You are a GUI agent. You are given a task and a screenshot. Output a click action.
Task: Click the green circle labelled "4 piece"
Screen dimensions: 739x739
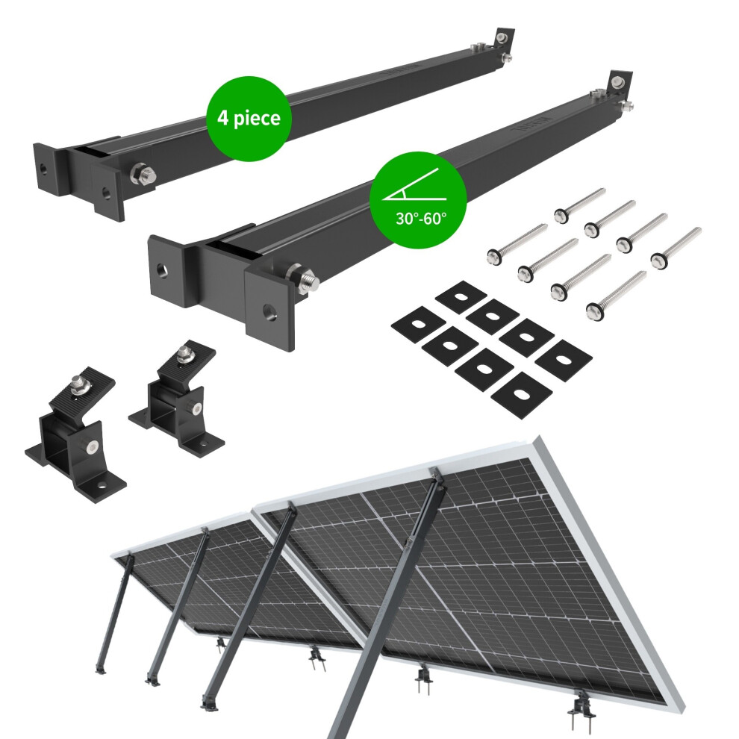pyautogui.click(x=249, y=118)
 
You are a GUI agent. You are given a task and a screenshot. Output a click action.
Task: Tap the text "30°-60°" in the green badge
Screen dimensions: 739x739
pyautogui.click(x=421, y=219)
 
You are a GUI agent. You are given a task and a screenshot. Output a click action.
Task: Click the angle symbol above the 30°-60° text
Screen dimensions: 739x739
pyautogui.click(x=410, y=185)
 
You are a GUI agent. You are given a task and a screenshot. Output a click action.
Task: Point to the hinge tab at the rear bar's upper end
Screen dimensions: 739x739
pyautogui.click(x=504, y=37)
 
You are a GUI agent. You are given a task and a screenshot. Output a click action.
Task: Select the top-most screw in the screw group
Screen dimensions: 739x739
pyautogui.click(x=579, y=205)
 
